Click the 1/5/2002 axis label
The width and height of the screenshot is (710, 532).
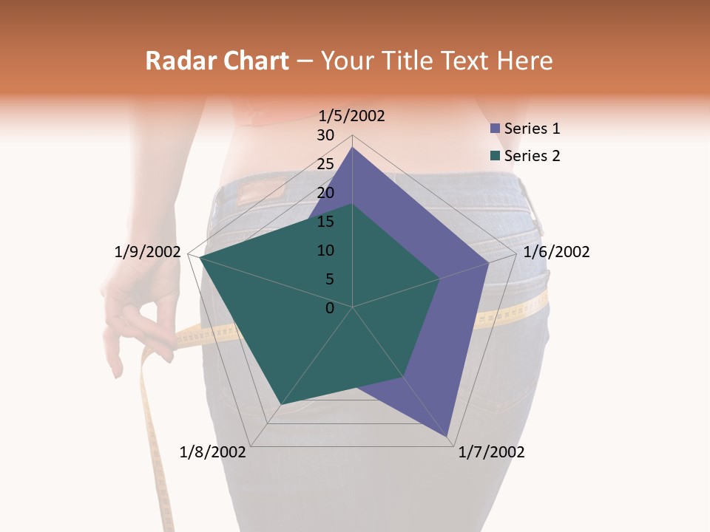(x=352, y=115)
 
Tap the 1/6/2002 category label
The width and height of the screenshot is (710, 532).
(x=556, y=252)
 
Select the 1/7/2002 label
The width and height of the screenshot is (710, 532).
(x=491, y=452)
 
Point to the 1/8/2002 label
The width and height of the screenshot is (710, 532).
(x=213, y=452)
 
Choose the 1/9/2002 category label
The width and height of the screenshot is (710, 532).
(x=148, y=252)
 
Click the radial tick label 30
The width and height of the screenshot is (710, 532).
(x=325, y=135)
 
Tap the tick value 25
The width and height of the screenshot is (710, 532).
(x=325, y=164)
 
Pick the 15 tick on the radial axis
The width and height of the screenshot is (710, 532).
(x=325, y=222)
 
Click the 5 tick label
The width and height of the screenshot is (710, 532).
(x=330, y=279)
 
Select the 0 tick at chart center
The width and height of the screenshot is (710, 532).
(x=330, y=308)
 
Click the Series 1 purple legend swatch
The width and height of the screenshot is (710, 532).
(x=495, y=129)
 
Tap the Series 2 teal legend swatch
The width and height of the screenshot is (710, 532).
(x=495, y=156)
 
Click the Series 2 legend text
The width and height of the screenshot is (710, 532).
(x=532, y=156)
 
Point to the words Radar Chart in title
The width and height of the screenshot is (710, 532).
(x=217, y=61)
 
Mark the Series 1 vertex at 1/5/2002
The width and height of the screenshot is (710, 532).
(x=352, y=148)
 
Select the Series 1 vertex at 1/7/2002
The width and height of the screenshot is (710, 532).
(x=448, y=437)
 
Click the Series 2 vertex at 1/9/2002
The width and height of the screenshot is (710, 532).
(x=200, y=257)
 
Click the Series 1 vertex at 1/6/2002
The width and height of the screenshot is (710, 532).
(x=489, y=262)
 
